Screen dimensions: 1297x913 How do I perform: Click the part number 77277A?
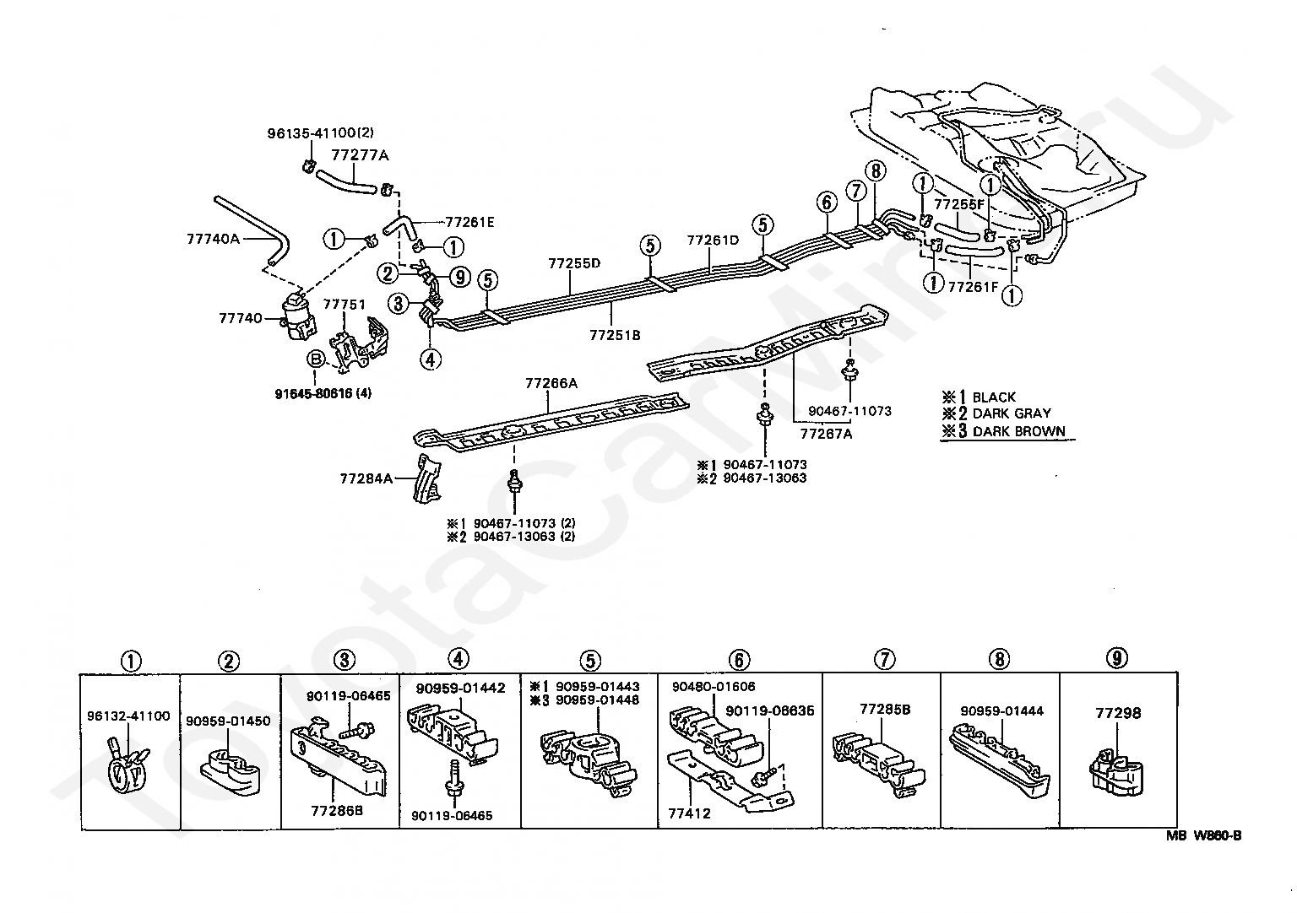click(360, 155)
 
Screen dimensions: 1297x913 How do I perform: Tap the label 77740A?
click(213, 239)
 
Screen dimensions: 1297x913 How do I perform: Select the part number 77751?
click(344, 305)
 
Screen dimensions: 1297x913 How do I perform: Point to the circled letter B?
click(316, 359)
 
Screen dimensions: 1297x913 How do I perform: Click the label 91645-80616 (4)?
click(323, 393)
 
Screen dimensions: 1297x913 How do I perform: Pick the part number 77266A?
click(551, 383)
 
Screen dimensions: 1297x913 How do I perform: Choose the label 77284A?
click(366, 478)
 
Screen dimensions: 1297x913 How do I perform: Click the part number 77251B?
click(615, 335)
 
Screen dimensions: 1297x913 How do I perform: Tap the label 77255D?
click(574, 263)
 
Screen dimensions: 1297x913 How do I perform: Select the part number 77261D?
click(713, 240)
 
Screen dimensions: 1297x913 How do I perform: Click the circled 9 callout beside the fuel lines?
click(459, 277)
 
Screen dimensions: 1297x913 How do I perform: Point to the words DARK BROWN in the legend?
click(1018, 431)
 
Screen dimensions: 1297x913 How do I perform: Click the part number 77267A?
click(827, 434)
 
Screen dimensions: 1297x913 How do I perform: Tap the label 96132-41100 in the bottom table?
click(128, 716)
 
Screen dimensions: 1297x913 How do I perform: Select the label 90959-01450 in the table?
click(228, 721)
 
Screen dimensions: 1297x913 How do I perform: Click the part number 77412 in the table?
click(689, 813)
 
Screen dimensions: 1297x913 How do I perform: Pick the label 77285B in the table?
click(885, 709)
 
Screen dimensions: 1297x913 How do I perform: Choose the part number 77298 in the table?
click(1118, 713)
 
